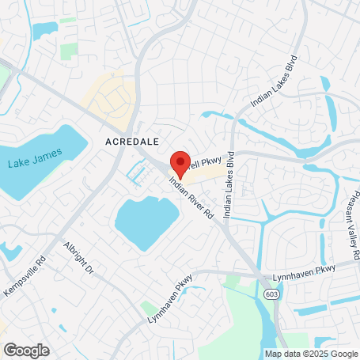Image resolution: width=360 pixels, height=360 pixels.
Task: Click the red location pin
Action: tap(180, 165)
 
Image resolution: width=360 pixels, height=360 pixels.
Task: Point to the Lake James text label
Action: tap(29, 164)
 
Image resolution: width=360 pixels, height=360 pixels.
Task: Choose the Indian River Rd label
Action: tap(191, 198)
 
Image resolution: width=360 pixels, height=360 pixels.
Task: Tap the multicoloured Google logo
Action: tap(26, 350)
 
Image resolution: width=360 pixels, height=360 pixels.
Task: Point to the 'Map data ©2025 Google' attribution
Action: tap(310, 353)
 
